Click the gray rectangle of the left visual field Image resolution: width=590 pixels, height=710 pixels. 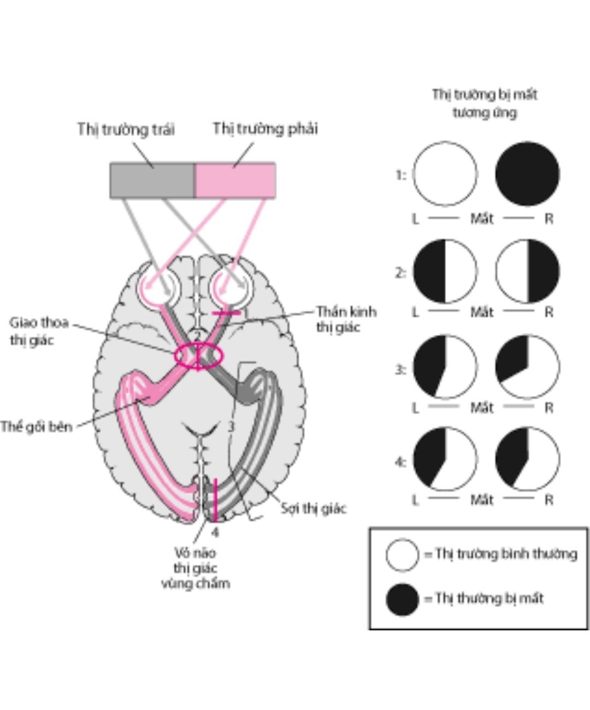tap(152, 180)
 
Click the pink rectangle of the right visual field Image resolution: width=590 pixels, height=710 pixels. tap(235, 180)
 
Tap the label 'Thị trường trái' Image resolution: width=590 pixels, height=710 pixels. tap(126, 130)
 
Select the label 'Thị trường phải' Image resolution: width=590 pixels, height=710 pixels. tap(265, 129)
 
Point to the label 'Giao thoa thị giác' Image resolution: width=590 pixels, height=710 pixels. tap(39, 331)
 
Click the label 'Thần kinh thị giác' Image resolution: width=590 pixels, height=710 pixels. tap(346, 319)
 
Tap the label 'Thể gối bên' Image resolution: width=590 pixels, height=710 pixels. tap(36, 426)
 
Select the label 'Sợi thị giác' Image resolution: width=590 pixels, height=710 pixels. tap(314, 508)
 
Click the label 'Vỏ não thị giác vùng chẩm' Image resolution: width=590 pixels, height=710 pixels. tap(196, 568)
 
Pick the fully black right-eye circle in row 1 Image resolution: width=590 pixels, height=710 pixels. tap(528, 174)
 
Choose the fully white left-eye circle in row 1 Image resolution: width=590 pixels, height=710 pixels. tap(445, 174)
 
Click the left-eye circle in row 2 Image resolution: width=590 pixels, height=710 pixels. tap(445, 271)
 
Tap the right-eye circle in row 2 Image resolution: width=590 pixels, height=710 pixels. tap(528, 271)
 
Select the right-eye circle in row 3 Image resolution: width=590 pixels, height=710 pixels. tap(528, 367)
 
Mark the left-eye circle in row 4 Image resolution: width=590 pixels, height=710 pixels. tap(445, 459)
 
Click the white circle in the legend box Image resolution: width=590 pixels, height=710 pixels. tap(403, 555)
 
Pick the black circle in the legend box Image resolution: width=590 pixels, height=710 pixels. tap(403, 599)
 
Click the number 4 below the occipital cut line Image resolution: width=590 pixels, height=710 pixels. tap(216, 531)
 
